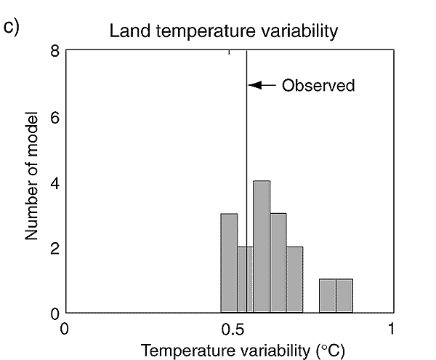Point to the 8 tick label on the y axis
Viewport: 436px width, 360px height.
[54, 51]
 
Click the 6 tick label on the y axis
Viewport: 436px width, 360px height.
[54, 117]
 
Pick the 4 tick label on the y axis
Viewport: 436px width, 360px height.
[54, 183]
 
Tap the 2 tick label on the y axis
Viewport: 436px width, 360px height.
[54, 248]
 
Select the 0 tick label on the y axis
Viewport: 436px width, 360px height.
[54, 313]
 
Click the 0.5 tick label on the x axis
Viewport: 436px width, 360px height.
[230, 328]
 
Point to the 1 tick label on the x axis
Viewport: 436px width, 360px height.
[392, 328]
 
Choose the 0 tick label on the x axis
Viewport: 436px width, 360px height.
[65, 328]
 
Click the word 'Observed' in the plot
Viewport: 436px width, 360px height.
[318, 86]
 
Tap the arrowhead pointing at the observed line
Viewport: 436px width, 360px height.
[253, 85]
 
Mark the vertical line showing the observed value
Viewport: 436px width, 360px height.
[247, 145]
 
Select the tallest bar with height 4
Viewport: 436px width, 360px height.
[262, 247]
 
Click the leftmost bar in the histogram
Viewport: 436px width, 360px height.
[229, 263]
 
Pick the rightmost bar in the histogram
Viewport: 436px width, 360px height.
[344, 296]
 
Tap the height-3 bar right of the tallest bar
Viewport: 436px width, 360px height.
[278, 263]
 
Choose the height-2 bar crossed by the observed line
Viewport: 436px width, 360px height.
[245, 280]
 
